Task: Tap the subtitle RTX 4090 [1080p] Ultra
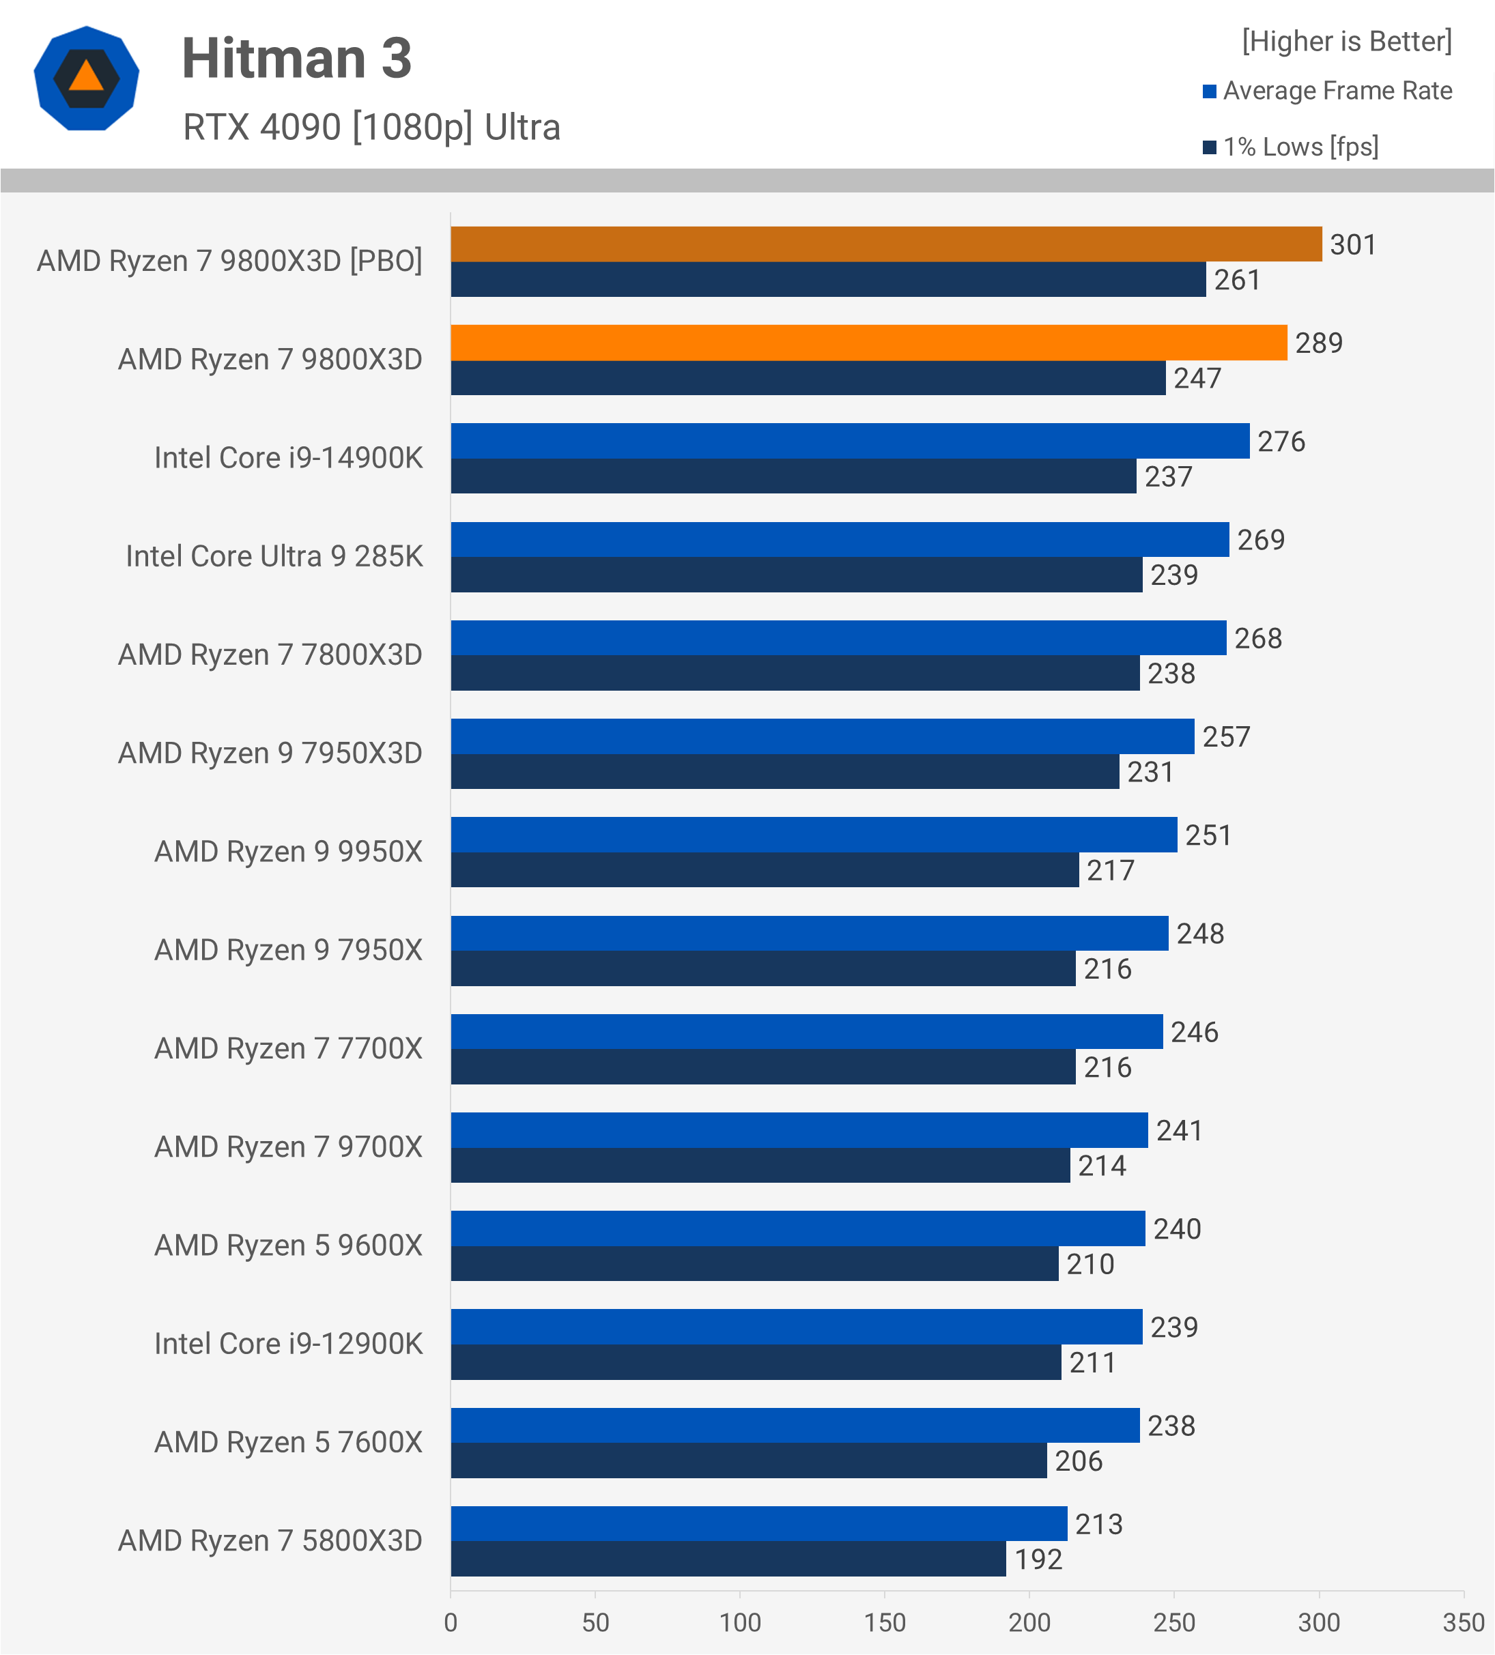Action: pyautogui.click(x=371, y=127)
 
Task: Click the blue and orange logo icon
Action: pyautogui.click(x=86, y=78)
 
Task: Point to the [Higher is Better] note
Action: pyautogui.click(x=1346, y=41)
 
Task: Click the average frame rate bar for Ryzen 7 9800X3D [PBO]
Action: pyautogui.click(x=886, y=244)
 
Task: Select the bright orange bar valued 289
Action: pyautogui.click(x=868, y=343)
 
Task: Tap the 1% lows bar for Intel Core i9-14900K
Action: pyautogui.click(x=793, y=476)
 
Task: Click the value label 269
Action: pyautogui.click(x=1261, y=539)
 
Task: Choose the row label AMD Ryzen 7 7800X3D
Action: pyautogui.click(x=270, y=655)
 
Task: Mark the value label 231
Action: pyautogui.click(x=1150, y=772)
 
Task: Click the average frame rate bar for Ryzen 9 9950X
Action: pyautogui.click(x=814, y=834)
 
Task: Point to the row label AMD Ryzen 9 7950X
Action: pyautogui.click(x=288, y=950)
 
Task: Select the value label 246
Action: pyautogui.click(x=1195, y=1032)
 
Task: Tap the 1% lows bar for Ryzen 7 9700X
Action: pyautogui.click(x=760, y=1165)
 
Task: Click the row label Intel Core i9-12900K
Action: pyautogui.click(x=288, y=1344)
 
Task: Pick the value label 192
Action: pyautogui.click(x=1038, y=1559)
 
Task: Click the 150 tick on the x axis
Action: pyautogui.click(x=884, y=1622)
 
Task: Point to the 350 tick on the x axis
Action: pyautogui.click(x=1463, y=1622)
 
